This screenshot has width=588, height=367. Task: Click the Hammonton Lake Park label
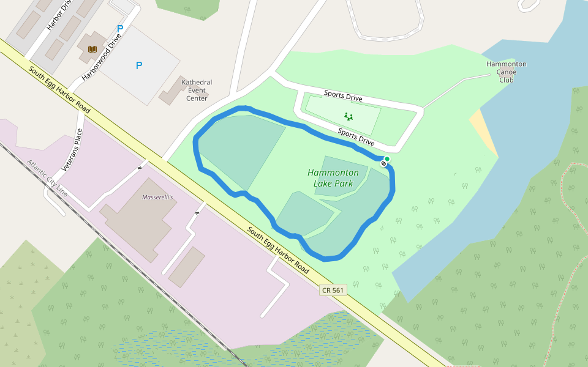333,178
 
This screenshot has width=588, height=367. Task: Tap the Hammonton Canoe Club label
506,72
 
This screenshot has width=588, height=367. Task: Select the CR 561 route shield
332,290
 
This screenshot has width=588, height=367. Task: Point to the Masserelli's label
157,198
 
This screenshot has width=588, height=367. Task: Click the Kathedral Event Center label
197,90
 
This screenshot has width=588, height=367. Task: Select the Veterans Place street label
72,150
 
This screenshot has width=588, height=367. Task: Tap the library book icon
92,49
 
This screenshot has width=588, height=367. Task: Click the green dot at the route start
387,159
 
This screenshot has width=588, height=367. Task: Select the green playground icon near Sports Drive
349,116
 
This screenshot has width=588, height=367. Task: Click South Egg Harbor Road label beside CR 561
277,250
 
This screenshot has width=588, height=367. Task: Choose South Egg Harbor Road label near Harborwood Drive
59,89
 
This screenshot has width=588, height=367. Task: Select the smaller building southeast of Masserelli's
187,267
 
